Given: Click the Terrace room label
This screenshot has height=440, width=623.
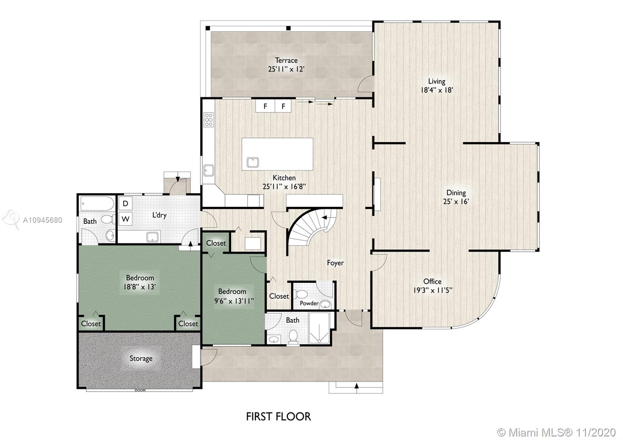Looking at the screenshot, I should pos(286,60).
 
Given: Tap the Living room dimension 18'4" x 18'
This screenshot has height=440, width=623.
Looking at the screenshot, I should pos(436,90).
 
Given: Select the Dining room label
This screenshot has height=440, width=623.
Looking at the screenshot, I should pos(456,193).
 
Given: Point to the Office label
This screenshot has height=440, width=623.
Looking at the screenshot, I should pos(432,282).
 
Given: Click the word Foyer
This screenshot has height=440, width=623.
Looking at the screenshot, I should pos(335,263).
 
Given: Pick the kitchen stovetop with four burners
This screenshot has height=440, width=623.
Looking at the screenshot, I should pos(209,120).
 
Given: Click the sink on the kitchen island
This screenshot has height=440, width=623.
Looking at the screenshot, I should pos(253,162).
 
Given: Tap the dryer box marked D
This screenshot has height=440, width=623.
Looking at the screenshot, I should pos(125,203).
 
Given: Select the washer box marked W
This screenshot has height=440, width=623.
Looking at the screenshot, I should pos(125,219).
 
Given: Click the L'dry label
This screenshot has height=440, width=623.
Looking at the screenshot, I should pos(159,215).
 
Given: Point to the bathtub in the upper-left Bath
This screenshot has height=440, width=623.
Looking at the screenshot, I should pos(97,203).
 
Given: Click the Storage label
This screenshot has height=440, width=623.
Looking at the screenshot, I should pos(141,358).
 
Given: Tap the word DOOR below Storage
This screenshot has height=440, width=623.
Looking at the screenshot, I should pos(140,390).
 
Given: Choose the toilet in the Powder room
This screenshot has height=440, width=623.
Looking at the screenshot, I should pos(302,294).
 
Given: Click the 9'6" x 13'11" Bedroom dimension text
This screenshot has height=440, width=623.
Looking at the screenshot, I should pos(234,301).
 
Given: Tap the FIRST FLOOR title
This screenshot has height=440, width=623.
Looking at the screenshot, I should pos(278,417).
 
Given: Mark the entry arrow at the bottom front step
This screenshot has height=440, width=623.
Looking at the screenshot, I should pos(356,386).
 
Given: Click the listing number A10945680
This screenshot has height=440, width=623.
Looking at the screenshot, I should pos(42,220).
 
